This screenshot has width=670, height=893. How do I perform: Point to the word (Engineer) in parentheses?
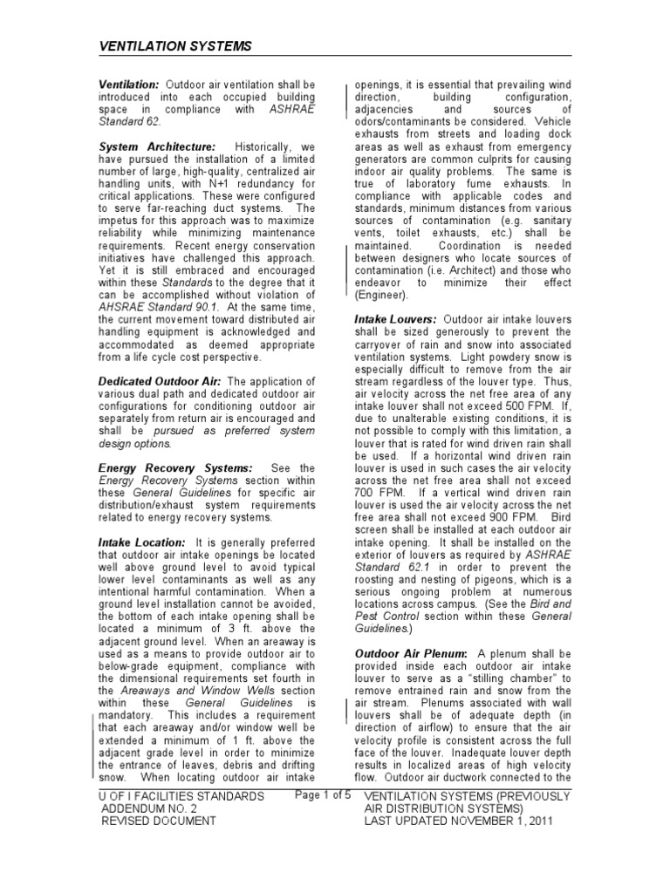pos(381,295)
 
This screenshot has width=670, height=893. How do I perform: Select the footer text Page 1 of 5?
pos(323,794)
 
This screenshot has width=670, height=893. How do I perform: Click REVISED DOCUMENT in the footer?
pos(158,821)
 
